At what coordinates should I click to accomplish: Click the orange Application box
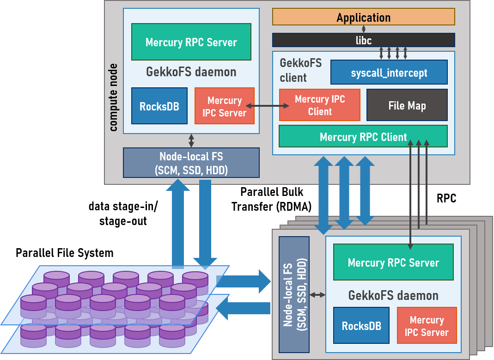click(x=363, y=17)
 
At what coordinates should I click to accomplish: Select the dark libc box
click(x=363, y=40)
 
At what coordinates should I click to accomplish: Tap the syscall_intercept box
click(x=389, y=73)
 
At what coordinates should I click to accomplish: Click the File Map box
click(x=407, y=105)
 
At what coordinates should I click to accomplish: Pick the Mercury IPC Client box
click(x=319, y=105)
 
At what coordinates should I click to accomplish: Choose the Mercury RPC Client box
click(x=363, y=136)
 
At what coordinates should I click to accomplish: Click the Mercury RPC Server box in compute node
click(x=191, y=42)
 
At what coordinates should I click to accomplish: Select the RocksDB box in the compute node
click(x=159, y=106)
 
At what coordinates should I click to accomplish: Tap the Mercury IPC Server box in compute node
click(x=224, y=106)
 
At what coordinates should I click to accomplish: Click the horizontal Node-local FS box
click(x=191, y=163)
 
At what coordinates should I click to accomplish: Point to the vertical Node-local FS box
click(x=294, y=295)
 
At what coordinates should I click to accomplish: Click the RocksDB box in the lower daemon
click(x=361, y=325)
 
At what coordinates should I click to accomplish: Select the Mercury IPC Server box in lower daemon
click(x=427, y=326)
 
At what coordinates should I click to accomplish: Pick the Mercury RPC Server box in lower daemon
click(x=393, y=262)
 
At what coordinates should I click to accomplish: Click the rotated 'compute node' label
click(x=113, y=97)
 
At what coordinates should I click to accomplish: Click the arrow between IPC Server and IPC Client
click(x=267, y=106)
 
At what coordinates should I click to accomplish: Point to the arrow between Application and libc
click(x=364, y=29)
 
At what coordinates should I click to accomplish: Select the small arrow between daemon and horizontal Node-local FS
click(x=191, y=140)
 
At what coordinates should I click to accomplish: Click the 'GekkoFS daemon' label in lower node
click(x=393, y=295)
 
